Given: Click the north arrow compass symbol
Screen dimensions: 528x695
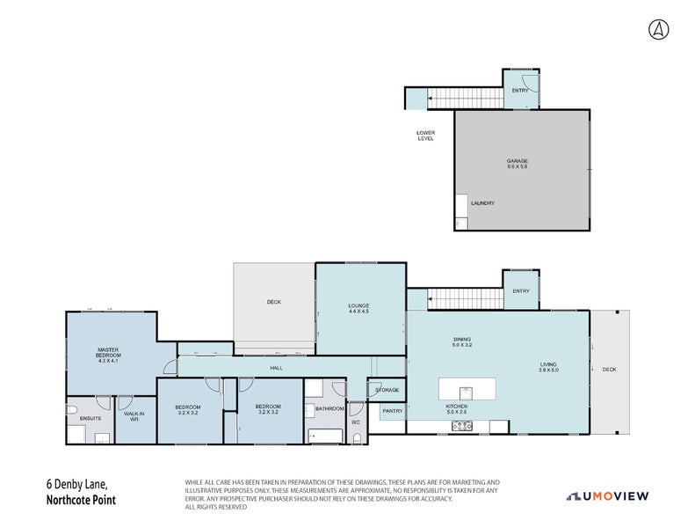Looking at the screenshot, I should click(x=658, y=30).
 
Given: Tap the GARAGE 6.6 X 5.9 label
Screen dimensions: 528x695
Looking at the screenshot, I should click(x=517, y=164).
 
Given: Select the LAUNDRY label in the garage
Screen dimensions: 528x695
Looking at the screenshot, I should click(x=482, y=203).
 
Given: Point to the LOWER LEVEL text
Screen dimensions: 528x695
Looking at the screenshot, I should click(x=425, y=136).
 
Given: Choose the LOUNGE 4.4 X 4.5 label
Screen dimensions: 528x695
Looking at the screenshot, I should click(x=358, y=308).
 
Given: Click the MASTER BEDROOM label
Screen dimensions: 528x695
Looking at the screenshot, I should click(x=108, y=355).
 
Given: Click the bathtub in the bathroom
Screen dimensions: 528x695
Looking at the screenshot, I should click(x=325, y=435).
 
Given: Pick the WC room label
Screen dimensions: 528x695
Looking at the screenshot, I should click(x=356, y=422).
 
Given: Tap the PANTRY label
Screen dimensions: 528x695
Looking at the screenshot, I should click(x=391, y=410).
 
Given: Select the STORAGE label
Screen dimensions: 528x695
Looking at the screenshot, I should click(x=387, y=390).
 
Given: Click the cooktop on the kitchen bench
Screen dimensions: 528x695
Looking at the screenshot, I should click(x=461, y=426).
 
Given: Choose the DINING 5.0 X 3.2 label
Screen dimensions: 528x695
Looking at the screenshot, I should click(x=462, y=342).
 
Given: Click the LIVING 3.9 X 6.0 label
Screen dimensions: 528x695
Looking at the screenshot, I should click(x=548, y=367).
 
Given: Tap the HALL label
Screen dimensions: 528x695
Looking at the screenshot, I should click(x=276, y=369).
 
